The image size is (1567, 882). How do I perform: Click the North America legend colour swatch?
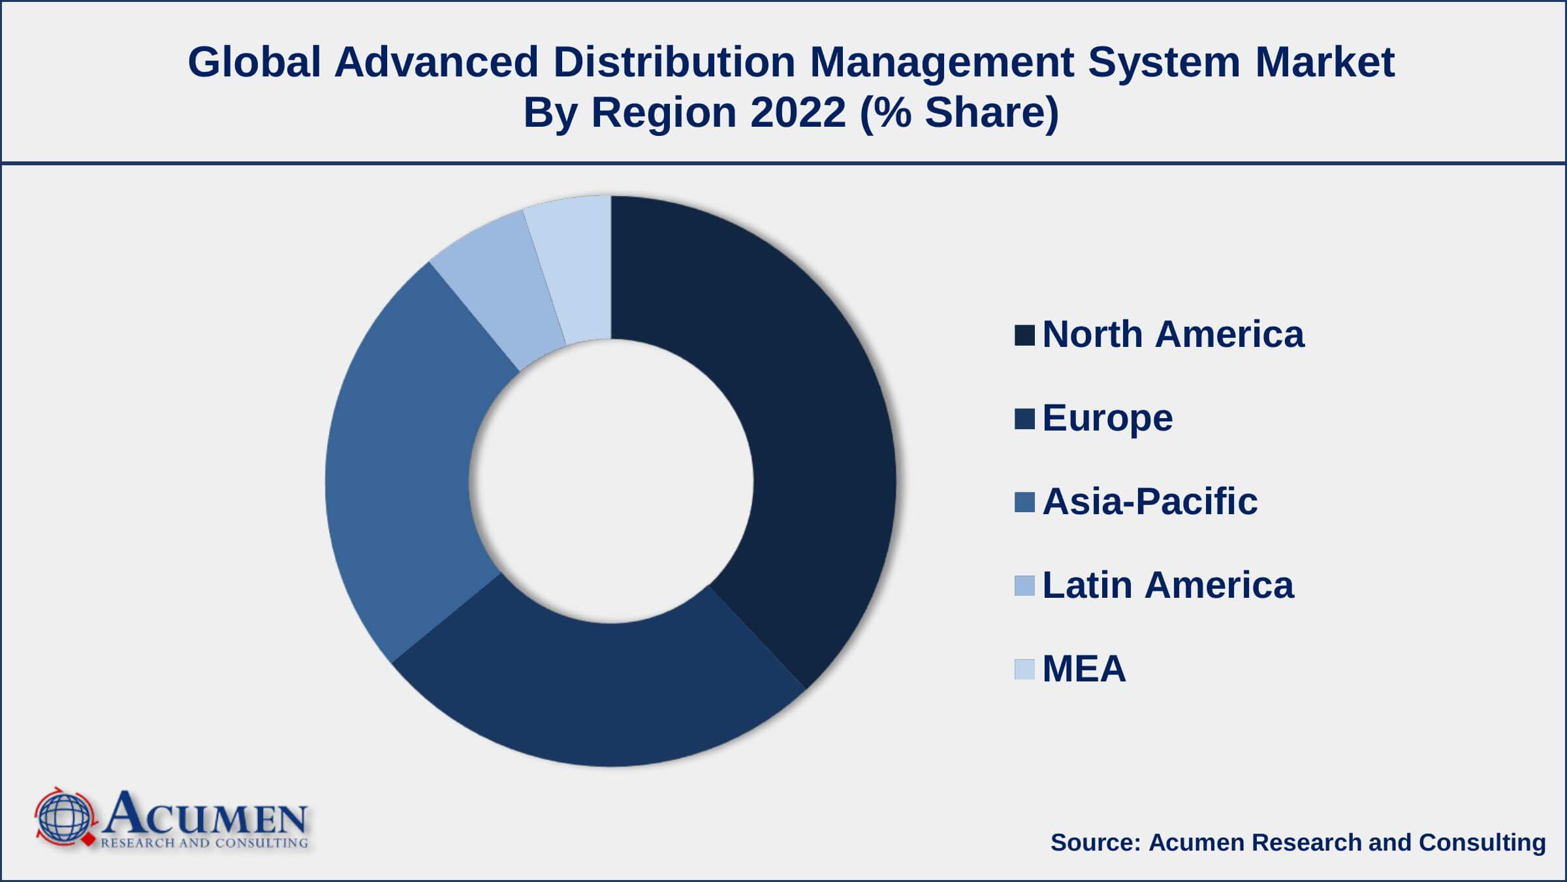[1024, 335]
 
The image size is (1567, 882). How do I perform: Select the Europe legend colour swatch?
[1024, 419]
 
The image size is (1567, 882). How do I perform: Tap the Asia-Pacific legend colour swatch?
[1024, 502]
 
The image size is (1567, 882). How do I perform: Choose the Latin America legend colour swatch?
[1024, 586]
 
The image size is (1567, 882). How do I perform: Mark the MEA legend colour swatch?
[1024, 670]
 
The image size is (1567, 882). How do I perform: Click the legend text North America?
[1173, 335]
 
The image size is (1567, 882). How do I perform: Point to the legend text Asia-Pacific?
[1150, 502]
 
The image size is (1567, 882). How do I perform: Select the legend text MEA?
[1084, 669]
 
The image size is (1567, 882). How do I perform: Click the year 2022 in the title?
[798, 112]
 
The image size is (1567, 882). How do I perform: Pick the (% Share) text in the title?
[959, 112]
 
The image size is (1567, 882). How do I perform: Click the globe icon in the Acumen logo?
[64, 819]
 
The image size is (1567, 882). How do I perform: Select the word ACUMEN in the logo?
[204, 814]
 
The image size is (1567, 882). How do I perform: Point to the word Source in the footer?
[1095, 843]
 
